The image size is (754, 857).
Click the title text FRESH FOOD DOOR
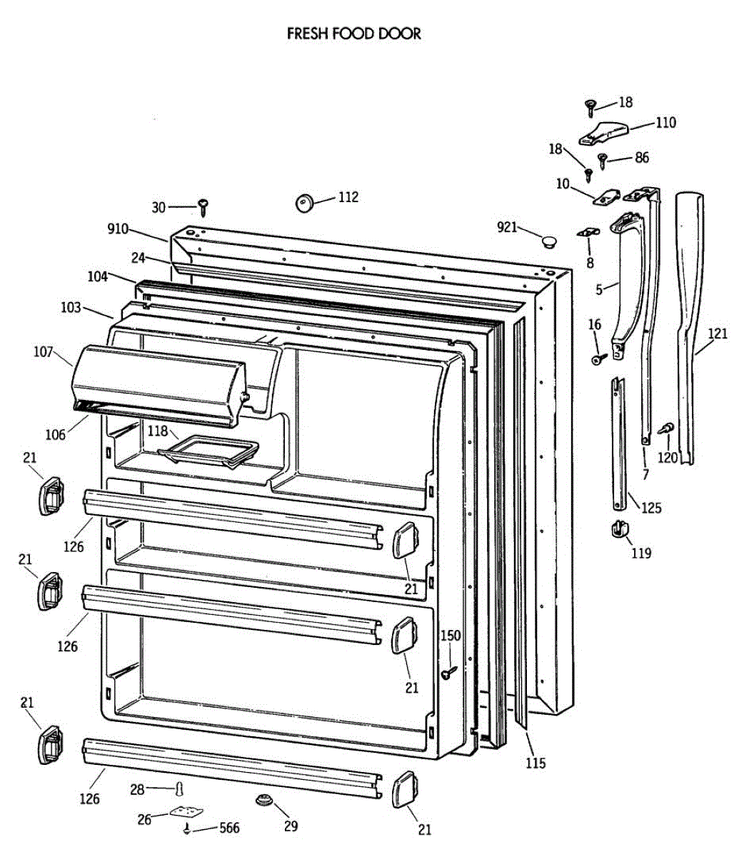pyautogui.click(x=353, y=34)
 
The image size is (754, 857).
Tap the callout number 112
pyautogui.click(x=348, y=197)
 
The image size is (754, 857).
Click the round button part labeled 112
pyautogui.click(x=306, y=203)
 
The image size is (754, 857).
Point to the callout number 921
pyautogui.click(x=506, y=227)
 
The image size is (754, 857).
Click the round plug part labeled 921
pyautogui.click(x=548, y=241)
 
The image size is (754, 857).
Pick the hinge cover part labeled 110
pyautogui.click(x=603, y=131)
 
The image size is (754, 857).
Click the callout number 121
pyautogui.click(x=718, y=334)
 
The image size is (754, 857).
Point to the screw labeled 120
pyautogui.click(x=665, y=428)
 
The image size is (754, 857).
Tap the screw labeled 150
pyautogui.click(x=448, y=672)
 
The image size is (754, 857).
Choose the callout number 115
pyautogui.click(x=535, y=763)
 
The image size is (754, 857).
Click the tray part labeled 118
pyautogui.click(x=208, y=453)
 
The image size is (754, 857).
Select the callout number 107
pyautogui.click(x=44, y=351)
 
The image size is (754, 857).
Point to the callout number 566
pyautogui.click(x=228, y=828)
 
